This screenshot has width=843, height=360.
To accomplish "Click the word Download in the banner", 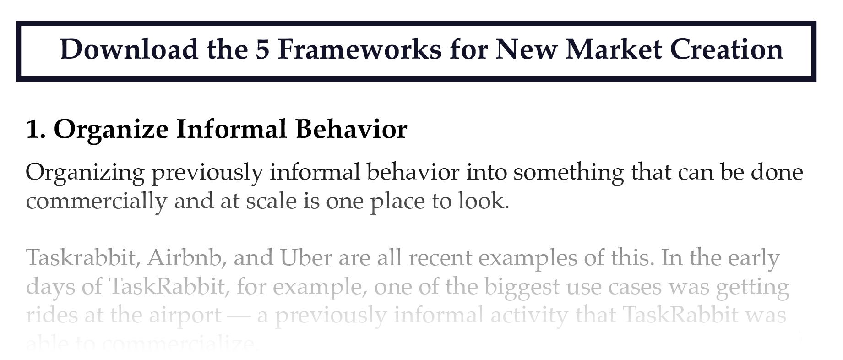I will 129,49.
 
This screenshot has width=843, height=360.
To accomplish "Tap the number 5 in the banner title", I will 262,49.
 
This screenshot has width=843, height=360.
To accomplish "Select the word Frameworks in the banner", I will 359,49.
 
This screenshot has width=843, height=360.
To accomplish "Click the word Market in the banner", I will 614,49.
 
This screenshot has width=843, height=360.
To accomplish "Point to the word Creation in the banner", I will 727,49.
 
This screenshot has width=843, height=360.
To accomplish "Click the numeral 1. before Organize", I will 36,129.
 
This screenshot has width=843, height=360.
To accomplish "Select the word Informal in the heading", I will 232,129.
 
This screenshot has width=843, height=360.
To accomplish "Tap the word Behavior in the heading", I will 351,129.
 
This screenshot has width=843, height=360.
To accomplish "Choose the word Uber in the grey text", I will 306,258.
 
